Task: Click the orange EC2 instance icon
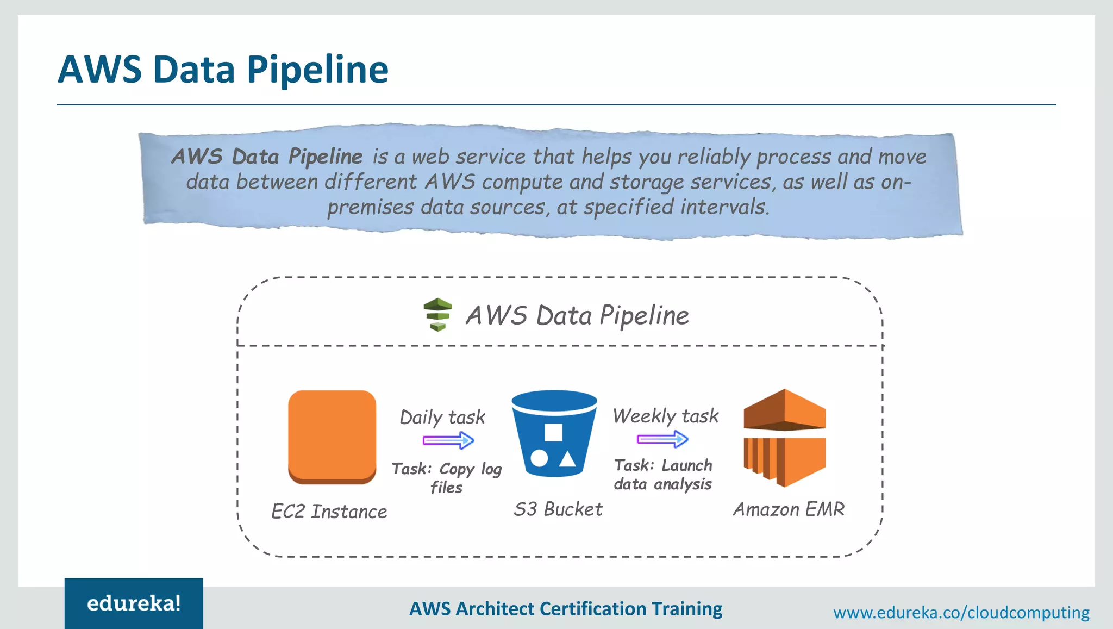click(332, 437)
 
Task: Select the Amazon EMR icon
click(784, 438)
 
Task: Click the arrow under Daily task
click(448, 440)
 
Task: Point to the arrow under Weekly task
click(662, 439)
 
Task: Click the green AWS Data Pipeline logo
click(437, 314)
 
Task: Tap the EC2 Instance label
click(329, 512)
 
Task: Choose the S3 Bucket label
click(558, 509)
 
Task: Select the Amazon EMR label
click(789, 509)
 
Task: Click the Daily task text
click(442, 417)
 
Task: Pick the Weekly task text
click(666, 416)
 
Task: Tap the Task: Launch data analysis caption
click(663, 475)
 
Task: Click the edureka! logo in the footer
click(134, 603)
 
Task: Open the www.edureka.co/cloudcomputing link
click(961, 613)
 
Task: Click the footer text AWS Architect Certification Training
click(566, 609)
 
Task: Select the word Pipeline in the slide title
click(317, 70)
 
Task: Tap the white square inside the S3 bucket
click(553, 432)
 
